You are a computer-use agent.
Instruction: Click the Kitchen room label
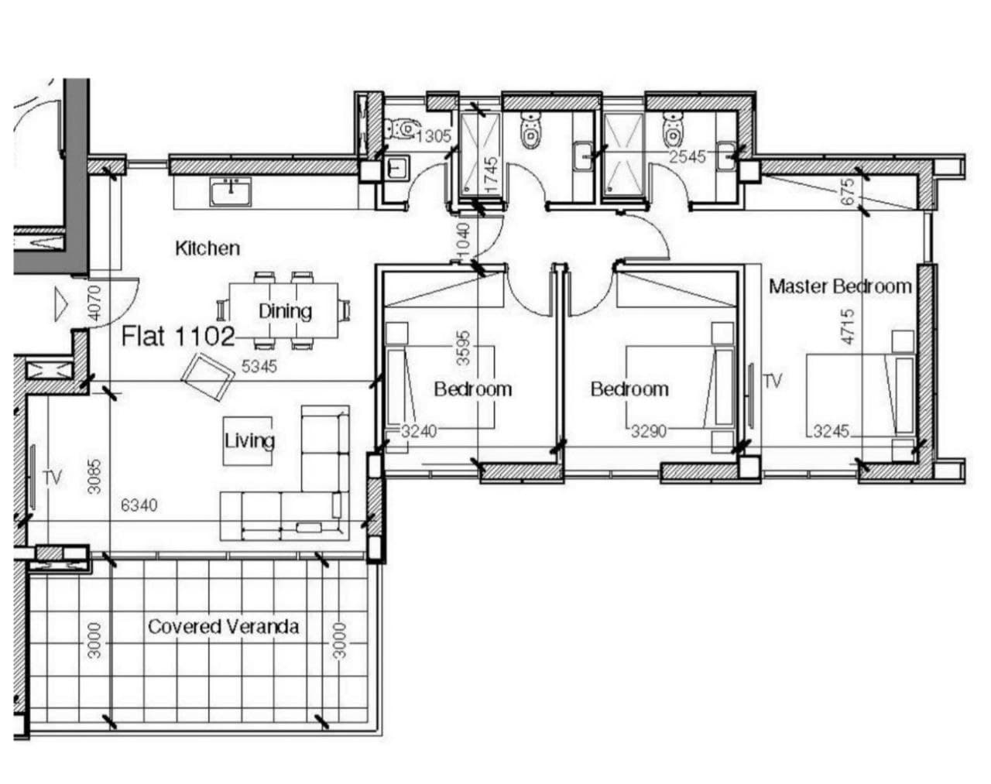(207, 248)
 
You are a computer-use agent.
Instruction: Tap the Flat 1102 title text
(178, 336)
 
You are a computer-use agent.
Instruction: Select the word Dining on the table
(285, 311)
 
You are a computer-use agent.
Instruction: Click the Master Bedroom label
(841, 286)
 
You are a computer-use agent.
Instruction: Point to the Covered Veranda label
(223, 627)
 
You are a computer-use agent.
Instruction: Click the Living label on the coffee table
(249, 440)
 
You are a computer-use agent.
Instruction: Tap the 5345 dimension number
(259, 366)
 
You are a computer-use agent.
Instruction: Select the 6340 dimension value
(139, 505)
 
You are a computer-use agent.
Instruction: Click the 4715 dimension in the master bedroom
(848, 327)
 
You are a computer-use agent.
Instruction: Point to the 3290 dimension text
(648, 431)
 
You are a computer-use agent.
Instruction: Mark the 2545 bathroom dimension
(687, 157)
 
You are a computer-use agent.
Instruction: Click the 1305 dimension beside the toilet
(433, 136)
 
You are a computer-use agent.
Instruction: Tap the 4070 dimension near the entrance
(94, 303)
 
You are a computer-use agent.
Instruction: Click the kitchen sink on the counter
(231, 191)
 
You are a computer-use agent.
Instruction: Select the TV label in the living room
(53, 478)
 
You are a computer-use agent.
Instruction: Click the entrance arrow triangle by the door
(61, 304)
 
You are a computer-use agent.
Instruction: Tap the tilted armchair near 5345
(207, 377)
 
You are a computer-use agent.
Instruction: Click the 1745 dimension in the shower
(492, 175)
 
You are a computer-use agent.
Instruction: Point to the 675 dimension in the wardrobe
(848, 191)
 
